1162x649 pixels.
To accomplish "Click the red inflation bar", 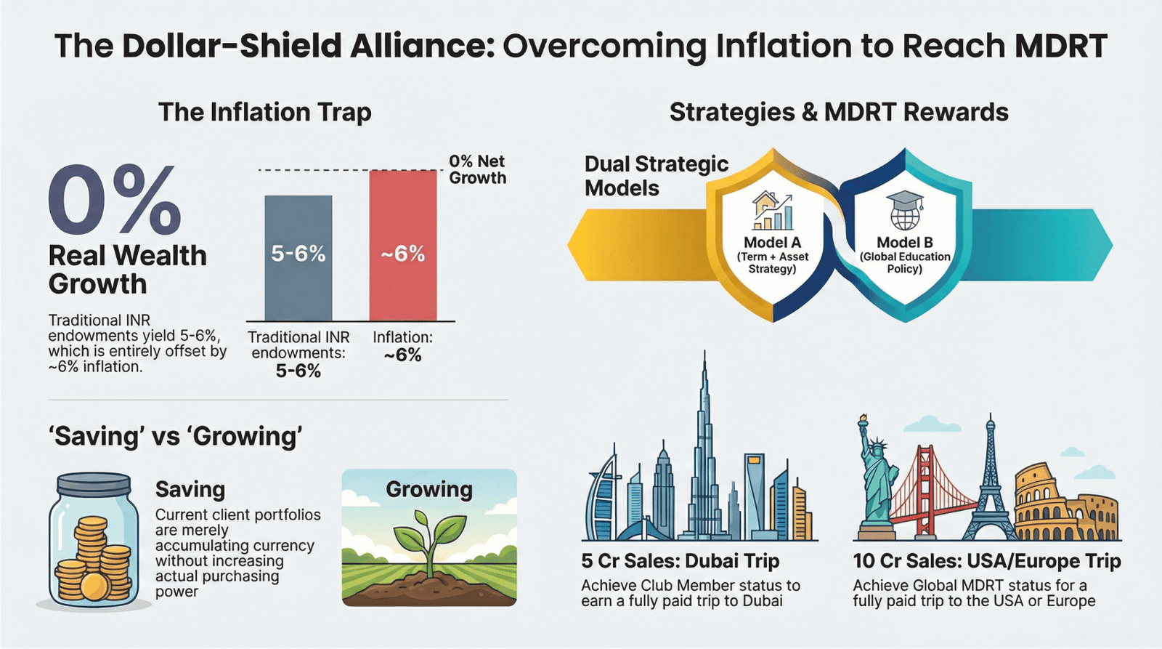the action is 403,246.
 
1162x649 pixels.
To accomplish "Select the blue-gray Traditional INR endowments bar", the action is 298,258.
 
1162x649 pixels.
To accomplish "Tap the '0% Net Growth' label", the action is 477,169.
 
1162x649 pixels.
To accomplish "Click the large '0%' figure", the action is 115,199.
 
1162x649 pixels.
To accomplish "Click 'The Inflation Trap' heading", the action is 265,112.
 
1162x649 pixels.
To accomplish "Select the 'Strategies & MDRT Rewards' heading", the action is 839,112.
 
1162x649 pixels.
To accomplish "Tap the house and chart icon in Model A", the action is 773,211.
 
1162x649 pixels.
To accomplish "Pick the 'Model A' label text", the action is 773,243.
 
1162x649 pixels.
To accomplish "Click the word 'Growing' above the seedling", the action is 429,490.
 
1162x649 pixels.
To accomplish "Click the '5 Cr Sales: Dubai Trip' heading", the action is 680,561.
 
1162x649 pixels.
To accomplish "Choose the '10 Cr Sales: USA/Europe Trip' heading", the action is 987,561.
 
